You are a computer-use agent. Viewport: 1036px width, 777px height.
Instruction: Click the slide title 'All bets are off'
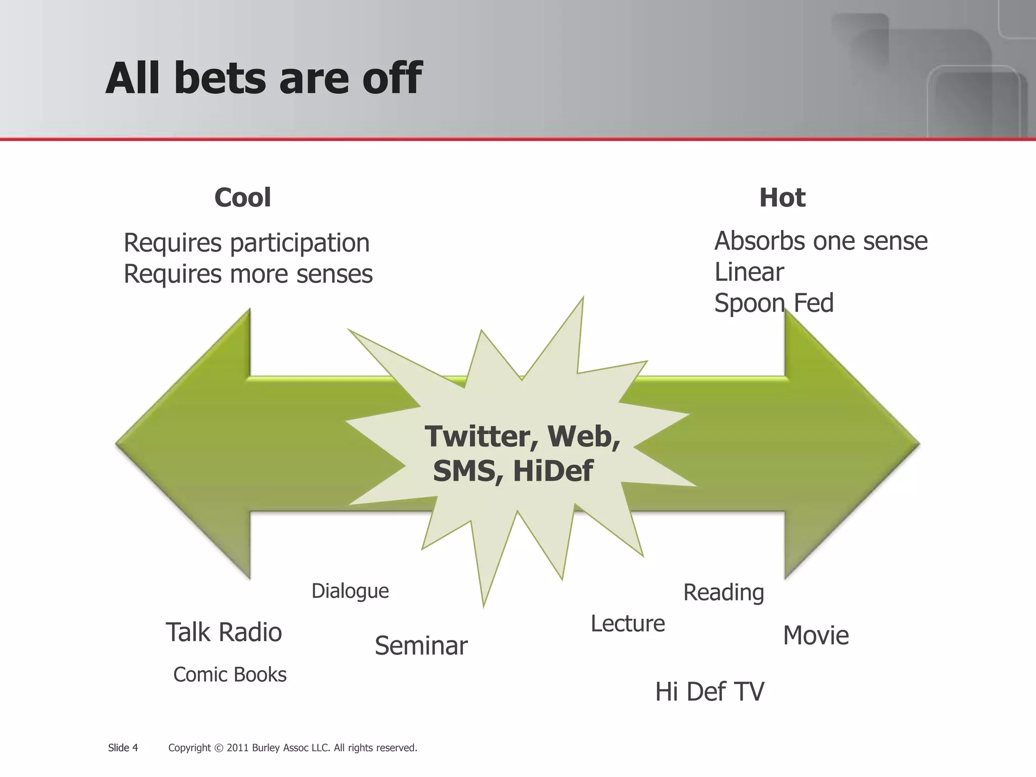click(263, 78)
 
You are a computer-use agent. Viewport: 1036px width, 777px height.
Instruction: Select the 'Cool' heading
click(242, 197)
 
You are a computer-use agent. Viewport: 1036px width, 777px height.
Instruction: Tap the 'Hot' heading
click(782, 197)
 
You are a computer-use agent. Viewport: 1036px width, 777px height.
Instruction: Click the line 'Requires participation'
click(246, 243)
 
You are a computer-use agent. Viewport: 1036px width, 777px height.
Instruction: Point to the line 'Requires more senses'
click(248, 275)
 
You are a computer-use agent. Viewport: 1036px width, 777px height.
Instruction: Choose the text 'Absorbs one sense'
click(821, 241)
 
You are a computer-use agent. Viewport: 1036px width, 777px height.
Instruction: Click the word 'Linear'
click(749, 272)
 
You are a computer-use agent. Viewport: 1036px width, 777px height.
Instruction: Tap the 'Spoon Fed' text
click(773, 304)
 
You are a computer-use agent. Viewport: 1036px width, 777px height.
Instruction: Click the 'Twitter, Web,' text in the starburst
click(522, 436)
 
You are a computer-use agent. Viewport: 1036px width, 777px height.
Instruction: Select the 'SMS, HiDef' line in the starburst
click(512, 471)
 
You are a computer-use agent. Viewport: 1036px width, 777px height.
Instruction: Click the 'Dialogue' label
click(350, 591)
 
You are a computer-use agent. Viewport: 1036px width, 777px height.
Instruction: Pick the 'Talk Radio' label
click(224, 632)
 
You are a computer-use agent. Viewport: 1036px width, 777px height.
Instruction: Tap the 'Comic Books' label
click(230, 675)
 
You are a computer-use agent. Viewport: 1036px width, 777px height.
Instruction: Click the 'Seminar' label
click(421, 646)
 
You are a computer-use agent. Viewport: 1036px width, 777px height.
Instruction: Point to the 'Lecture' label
click(627, 624)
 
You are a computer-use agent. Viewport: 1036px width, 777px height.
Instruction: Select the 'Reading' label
click(723, 592)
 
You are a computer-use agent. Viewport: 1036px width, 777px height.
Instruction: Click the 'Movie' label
click(815, 635)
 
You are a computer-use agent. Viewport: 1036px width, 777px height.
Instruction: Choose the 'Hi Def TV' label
click(709, 692)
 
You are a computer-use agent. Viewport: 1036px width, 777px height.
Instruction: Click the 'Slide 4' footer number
click(123, 748)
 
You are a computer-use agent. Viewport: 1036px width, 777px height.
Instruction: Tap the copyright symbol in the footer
click(219, 748)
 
